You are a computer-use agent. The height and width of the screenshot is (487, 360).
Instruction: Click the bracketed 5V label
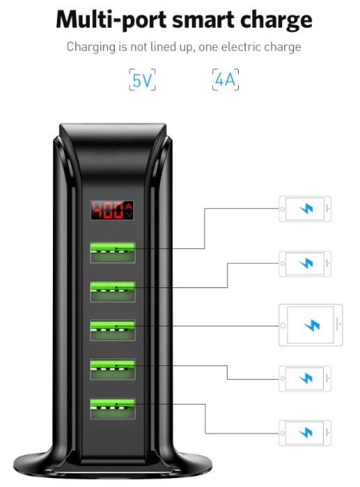[142, 81]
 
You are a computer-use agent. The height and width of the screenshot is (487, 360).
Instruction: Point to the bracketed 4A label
[226, 81]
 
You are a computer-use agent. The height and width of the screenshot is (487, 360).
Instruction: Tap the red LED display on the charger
[111, 210]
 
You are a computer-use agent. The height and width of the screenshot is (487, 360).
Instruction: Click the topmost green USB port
[111, 251]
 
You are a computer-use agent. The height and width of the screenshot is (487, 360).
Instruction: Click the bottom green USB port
[111, 407]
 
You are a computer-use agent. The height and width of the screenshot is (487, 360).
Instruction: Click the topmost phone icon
[305, 209]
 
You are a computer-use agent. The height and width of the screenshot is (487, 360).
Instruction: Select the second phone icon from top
[305, 264]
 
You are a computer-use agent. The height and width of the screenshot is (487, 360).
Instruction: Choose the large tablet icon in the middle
[310, 325]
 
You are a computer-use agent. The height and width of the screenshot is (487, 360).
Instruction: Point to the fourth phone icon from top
[305, 378]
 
